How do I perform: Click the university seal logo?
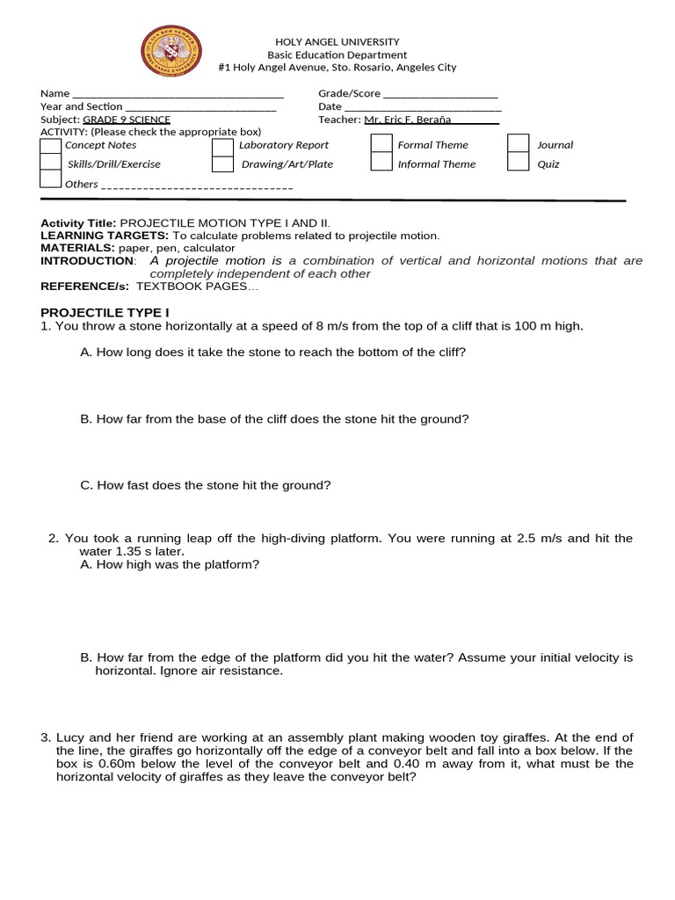pyautogui.click(x=171, y=51)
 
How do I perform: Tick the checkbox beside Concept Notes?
pyautogui.click(x=51, y=146)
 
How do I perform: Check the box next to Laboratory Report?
pyautogui.click(x=222, y=145)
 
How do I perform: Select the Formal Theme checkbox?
pyautogui.click(x=381, y=143)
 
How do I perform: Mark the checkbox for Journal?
pyautogui.click(x=519, y=143)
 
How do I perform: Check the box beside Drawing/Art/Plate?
pyautogui.click(x=222, y=163)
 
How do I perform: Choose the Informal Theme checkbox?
pyautogui.click(x=381, y=162)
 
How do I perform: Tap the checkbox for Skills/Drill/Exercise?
pyautogui.click(x=51, y=163)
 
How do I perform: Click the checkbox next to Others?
pyautogui.click(x=51, y=179)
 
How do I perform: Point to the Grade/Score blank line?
pyautogui.click(x=440, y=95)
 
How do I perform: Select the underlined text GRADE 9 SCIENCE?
pyautogui.click(x=127, y=120)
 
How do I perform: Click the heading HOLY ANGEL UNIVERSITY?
pyautogui.click(x=337, y=41)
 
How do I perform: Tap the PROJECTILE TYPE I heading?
pyautogui.click(x=104, y=312)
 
